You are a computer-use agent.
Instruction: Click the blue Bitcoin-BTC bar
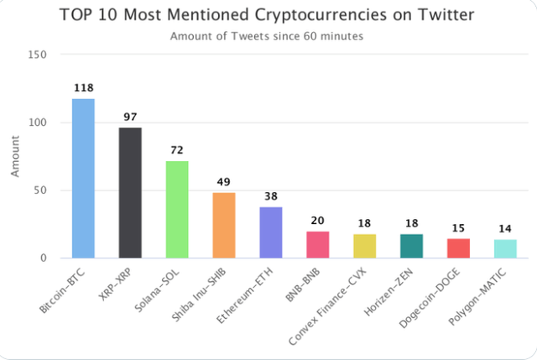tap(83, 178)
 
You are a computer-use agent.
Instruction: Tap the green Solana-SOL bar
tap(177, 209)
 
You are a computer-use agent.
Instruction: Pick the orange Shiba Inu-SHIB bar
tap(224, 225)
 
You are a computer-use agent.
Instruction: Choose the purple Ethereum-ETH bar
tap(271, 232)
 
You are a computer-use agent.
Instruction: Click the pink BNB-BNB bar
tap(317, 244)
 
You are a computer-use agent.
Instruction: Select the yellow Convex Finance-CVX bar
tap(364, 246)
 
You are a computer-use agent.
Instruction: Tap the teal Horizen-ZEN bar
tap(411, 246)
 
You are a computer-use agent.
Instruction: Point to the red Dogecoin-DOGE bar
tap(458, 248)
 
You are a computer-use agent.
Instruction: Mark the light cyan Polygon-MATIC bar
tap(505, 248)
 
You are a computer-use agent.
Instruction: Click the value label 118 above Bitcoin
tap(83, 87)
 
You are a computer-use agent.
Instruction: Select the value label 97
tap(130, 117)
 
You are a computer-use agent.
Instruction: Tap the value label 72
tap(177, 149)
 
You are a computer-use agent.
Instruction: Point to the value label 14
tap(505, 228)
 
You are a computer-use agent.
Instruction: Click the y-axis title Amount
tap(14, 156)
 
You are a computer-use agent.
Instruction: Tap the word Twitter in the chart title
tap(444, 15)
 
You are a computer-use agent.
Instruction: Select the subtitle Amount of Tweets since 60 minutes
tap(267, 36)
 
